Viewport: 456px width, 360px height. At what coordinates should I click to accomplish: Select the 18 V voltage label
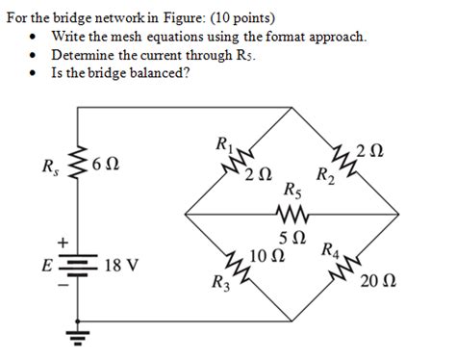(x=118, y=262)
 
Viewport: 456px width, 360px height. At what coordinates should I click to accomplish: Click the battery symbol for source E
(x=79, y=265)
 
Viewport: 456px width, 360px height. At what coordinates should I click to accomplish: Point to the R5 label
(x=291, y=191)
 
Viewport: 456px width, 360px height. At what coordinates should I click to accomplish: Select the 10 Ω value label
(x=265, y=255)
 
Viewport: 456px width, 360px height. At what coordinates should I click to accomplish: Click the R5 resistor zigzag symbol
(x=290, y=213)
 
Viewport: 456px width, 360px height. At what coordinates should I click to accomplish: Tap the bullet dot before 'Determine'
(x=35, y=55)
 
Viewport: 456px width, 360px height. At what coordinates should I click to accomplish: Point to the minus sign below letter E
(x=63, y=285)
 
